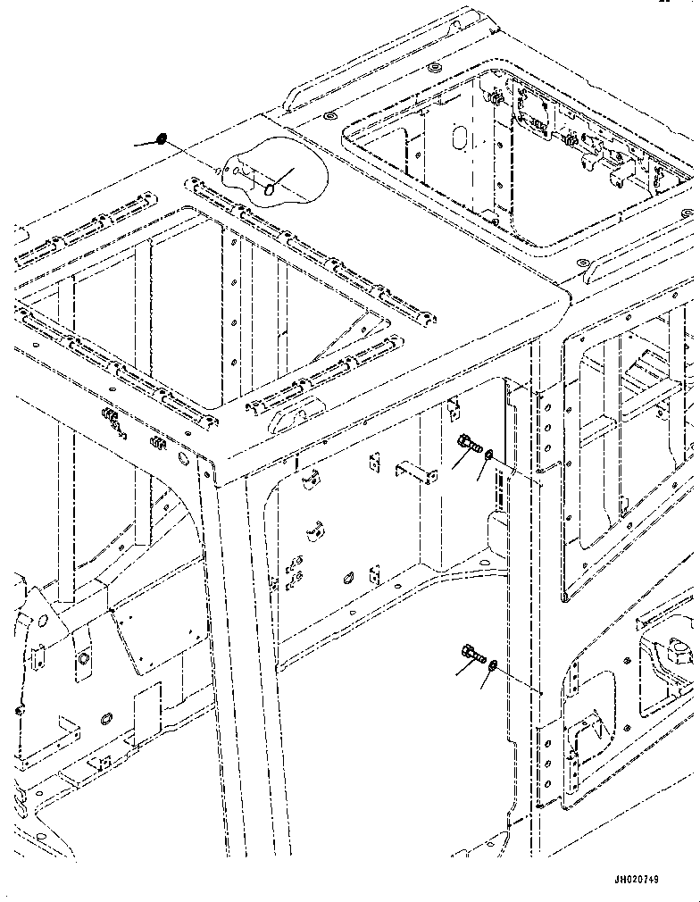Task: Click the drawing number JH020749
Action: tap(636, 879)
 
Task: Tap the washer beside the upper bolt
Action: tap(489, 455)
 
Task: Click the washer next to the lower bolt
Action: tap(492, 666)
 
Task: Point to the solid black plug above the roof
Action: tap(162, 138)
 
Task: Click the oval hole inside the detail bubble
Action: tap(269, 189)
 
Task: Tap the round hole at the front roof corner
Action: tap(184, 458)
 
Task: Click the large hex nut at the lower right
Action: tap(679, 650)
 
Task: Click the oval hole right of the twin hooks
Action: tap(348, 577)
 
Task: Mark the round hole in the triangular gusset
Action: tap(42, 622)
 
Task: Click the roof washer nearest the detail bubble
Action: tap(329, 116)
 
